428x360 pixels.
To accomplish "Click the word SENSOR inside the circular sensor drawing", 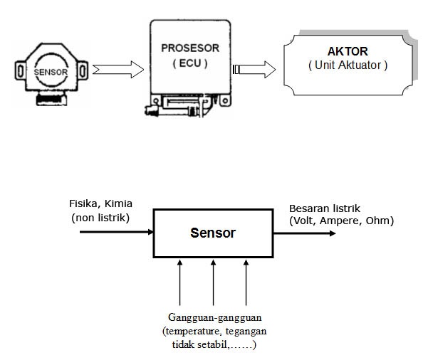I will pos(52,73).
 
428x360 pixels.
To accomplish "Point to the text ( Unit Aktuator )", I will pos(348,65).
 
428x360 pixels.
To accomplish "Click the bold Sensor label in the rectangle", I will pos(213,233).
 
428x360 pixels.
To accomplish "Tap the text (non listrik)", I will pos(100,217).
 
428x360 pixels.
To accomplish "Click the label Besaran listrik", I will pos(325,208).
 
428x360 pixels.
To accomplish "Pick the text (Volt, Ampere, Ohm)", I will pos(341,221).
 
